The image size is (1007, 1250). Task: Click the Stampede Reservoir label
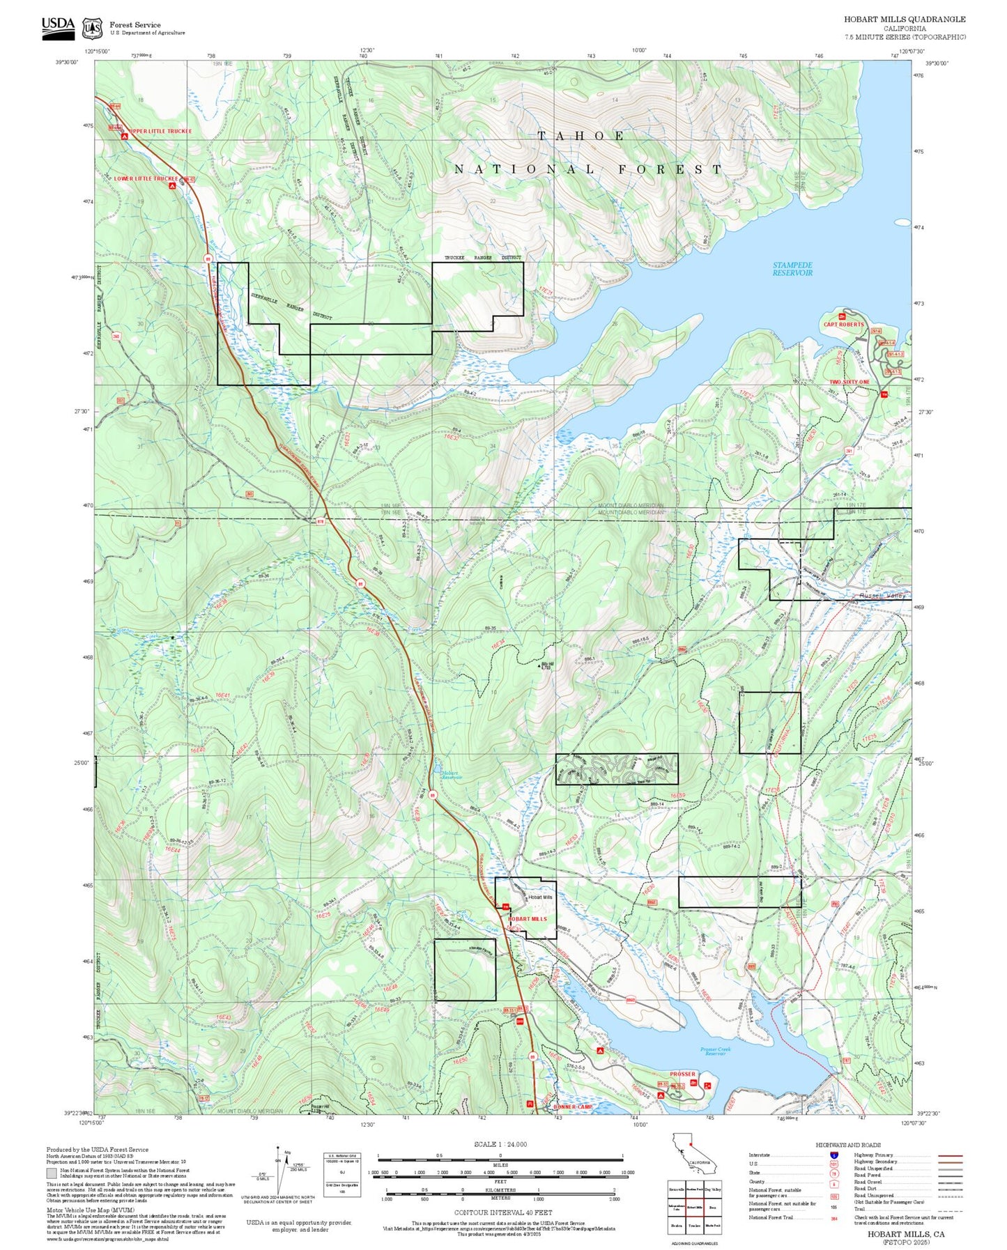(x=792, y=269)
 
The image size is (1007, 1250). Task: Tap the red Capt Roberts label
(x=843, y=324)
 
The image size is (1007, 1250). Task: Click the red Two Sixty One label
(x=849, y=382)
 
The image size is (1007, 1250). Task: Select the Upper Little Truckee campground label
(x=160, y=131)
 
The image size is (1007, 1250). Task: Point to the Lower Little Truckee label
(x=146, y=178)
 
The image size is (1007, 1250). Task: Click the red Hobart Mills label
(x=527, y=919)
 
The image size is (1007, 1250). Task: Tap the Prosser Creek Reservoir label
(x=715, y=1051)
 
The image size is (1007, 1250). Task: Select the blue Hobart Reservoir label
(x=451, y=775)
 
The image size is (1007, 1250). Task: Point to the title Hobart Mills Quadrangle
(x=905, y=20)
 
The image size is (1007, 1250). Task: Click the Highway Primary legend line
(x=950, y=1155)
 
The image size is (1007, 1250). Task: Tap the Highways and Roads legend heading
(x=847, y=1145)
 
